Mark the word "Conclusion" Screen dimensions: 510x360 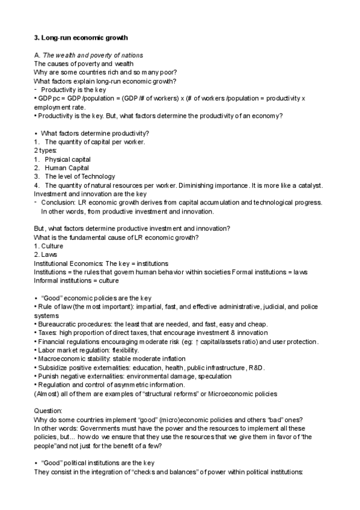coord(59,203)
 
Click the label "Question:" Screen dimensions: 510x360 coord(48,411)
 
